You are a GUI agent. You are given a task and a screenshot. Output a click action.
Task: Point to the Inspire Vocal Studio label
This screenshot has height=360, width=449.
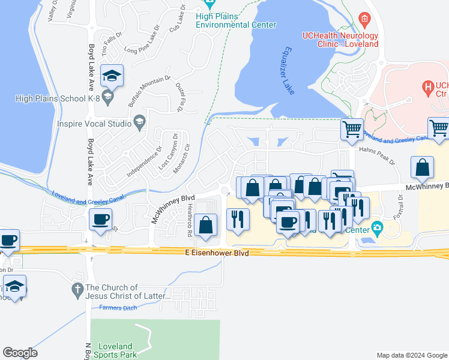click(x=94, y=124)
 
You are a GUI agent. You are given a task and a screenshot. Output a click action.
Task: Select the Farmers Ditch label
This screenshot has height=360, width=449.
click(x=118, y=308)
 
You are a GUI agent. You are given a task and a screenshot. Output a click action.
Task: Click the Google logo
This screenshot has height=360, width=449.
click(x=20, y=353)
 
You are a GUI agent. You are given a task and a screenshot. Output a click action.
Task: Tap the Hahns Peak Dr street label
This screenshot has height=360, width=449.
click(x=377, y=156)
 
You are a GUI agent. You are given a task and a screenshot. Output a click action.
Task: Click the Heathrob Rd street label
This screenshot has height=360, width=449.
click(x=190, y=215)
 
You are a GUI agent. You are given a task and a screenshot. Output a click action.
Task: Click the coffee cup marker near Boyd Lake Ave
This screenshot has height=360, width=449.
click(x=101, y=219)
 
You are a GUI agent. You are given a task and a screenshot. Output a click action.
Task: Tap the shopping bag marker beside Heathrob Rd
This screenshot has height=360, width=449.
click(x=206, y=225)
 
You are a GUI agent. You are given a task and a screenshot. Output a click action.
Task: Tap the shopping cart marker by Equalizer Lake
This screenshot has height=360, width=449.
click(x=352, y=128)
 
